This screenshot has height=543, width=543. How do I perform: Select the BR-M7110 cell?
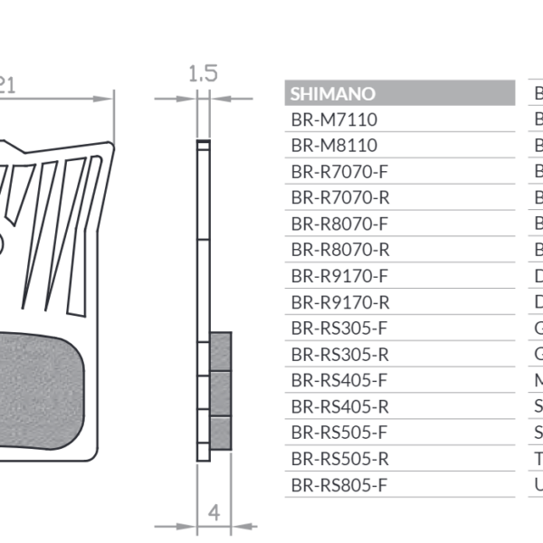(334, 119)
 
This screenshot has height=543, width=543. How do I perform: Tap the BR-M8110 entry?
(334, 146)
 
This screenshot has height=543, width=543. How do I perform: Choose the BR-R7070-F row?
(339, 172)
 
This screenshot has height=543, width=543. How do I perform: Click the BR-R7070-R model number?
(339, 197)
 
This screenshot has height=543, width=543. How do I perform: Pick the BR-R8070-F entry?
(339, 224)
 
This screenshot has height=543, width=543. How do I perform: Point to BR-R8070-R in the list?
(339, 250)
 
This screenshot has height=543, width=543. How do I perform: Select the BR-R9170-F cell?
(339, 276)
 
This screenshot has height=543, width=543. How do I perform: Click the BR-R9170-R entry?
(339, 302)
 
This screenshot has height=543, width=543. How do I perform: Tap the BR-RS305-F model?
(339, 329)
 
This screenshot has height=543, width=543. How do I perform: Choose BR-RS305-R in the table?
(339, 355)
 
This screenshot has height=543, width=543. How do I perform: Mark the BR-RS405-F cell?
(339, 380)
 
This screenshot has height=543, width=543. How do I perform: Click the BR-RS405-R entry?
(339, 406)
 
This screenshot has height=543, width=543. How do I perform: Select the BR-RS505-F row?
(339, 433)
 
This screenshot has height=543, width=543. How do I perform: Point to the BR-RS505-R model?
(339, 459)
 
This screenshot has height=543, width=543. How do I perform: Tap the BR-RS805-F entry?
(339, 485)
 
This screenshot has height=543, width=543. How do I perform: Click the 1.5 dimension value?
(203, 73)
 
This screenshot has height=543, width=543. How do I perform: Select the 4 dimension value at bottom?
(214, 512)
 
